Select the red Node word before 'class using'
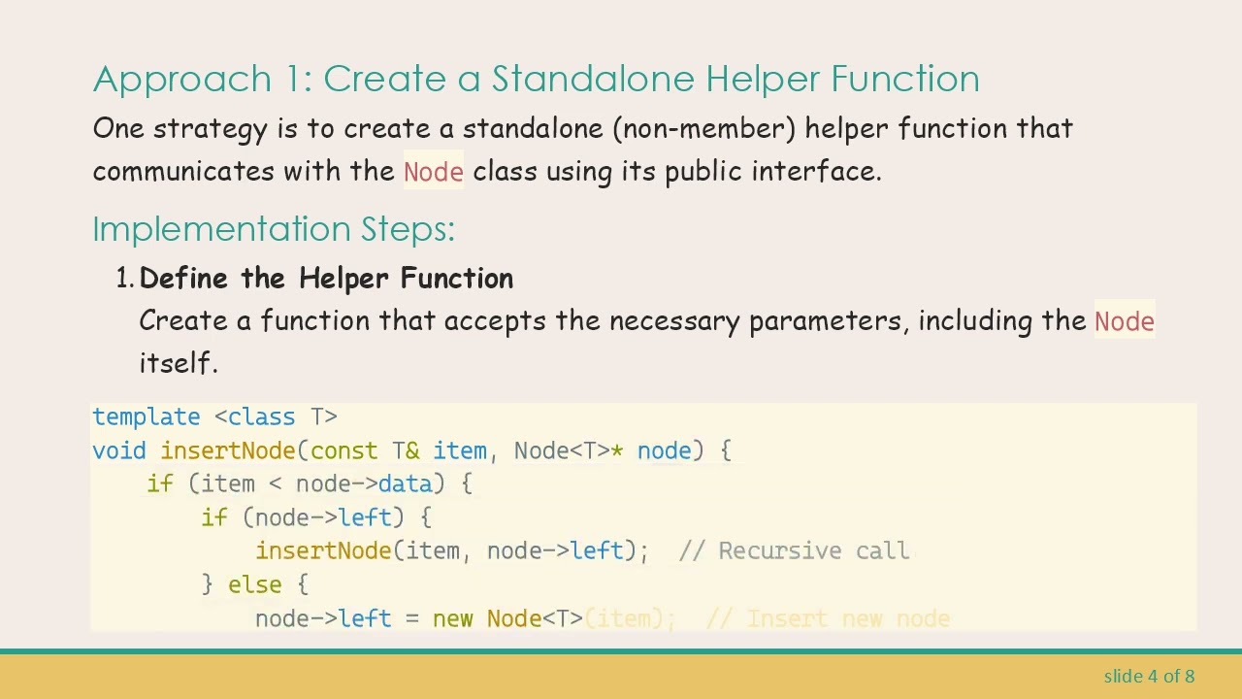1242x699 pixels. (x=433, y=172)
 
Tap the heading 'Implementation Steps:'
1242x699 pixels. (x=274, y=229)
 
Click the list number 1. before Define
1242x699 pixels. (x=124, y=279)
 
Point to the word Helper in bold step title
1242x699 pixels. (x=344, y=279)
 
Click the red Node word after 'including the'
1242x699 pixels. (x=1124, y=321)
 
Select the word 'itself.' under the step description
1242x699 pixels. (x=179, y=363)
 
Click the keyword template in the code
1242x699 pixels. (x=146, y=417)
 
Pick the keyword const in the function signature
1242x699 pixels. (x=343, y=451)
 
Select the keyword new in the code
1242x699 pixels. (x=453, y=619)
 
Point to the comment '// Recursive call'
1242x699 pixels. (x=795, y=551)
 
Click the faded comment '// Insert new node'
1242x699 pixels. (x=828, y=619)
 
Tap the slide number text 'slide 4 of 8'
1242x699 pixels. (x=1149, y=676)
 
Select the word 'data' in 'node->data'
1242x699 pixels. (x=405, y=484)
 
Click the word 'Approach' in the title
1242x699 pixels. (x=182, y=79)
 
